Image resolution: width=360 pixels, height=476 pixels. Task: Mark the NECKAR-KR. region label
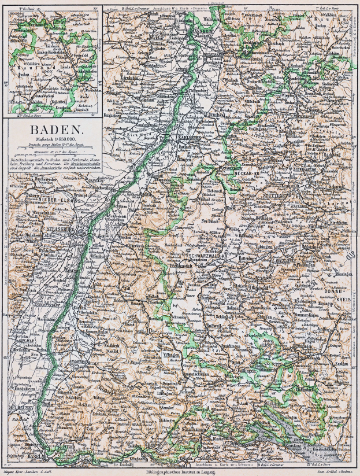pos(244,172)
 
